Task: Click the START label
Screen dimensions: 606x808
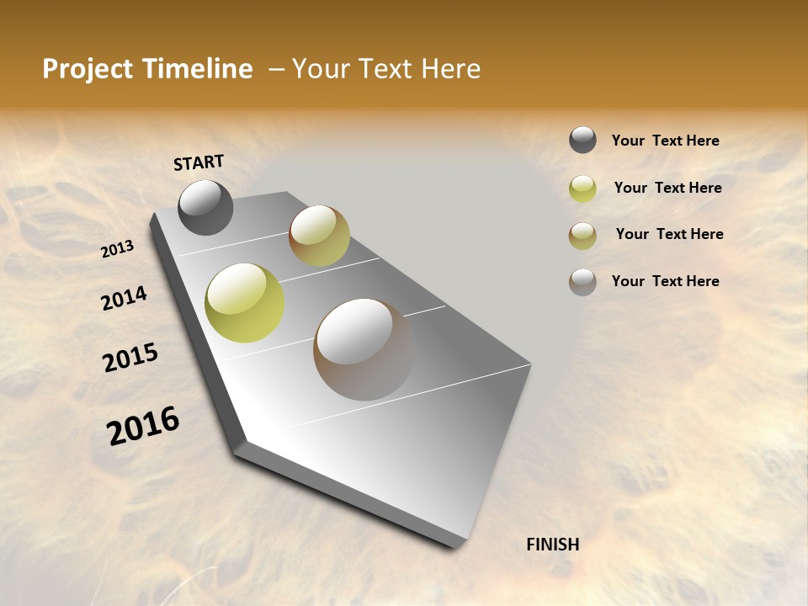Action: [x=199, y=162]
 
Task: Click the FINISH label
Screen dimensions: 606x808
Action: [x=552, y=545]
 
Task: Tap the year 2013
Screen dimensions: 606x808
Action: [x=118, y=249]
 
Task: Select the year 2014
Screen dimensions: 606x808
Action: [x=124, y=298]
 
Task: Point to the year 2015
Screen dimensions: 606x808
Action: [x=130, y=358]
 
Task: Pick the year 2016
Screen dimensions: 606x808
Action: [x=143, y=426]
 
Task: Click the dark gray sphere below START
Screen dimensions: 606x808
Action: [x=205, y=207]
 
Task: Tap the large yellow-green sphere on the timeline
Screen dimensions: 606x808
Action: [x=244, y=303]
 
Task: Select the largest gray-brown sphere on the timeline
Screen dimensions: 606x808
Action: [x=364, y=349]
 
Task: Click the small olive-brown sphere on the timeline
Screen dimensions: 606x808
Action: [x=319, y=235]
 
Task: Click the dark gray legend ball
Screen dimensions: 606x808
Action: [x=582, y=141]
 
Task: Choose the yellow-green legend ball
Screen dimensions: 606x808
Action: [x=582, y=189]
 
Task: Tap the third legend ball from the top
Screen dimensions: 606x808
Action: [x=582, y=236]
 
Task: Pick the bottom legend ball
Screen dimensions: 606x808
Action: [x=582, y=282]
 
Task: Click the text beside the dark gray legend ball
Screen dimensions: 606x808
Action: [x=665, y=141]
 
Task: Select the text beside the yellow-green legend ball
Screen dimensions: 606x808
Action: [x=667, y=188]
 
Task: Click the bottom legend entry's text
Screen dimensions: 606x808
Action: [x=665, y=281]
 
